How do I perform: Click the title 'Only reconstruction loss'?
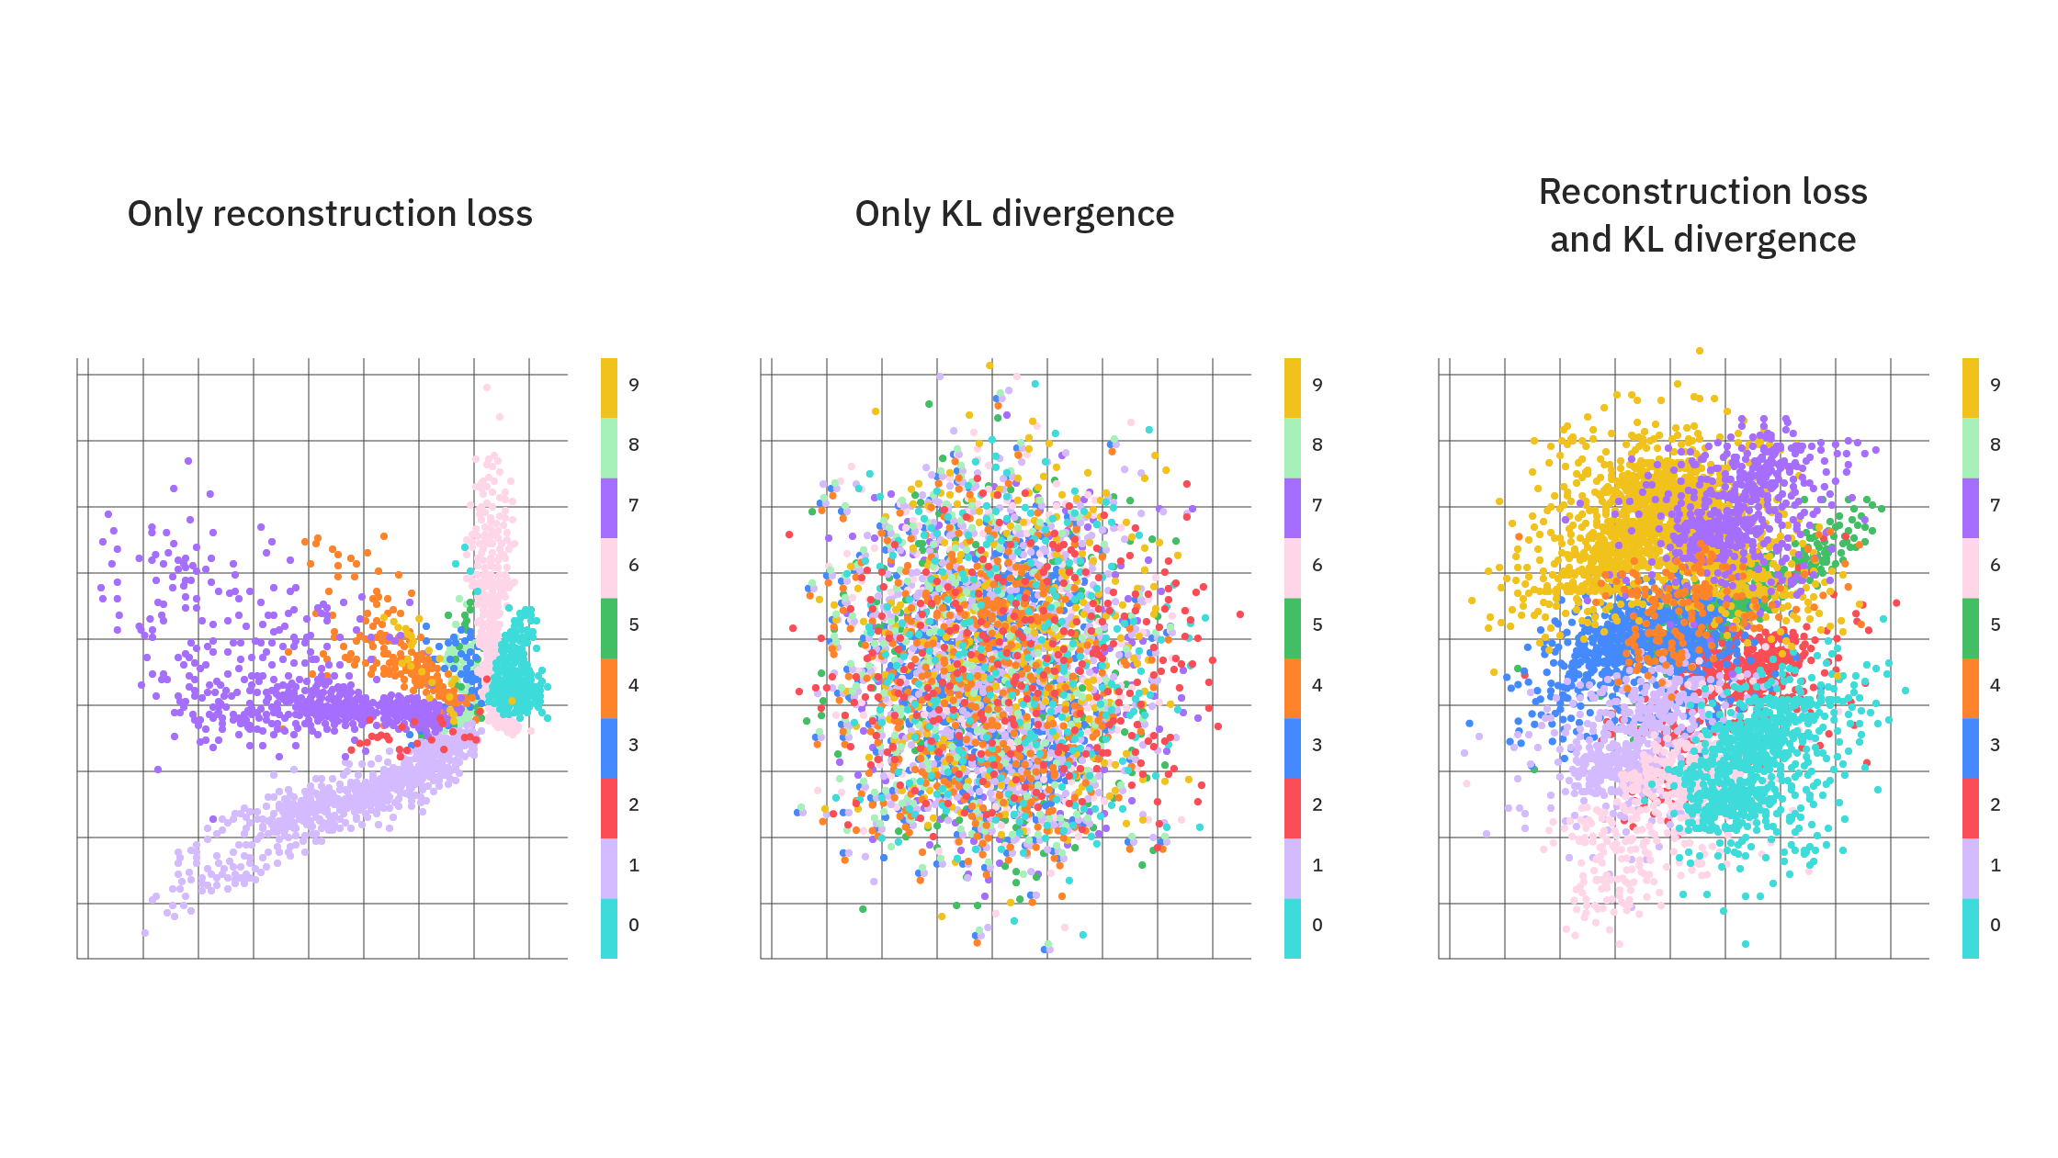(x=330, y=214)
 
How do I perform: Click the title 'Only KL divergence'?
(x=1014, y=214)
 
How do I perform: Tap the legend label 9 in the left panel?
(x=634, y=385)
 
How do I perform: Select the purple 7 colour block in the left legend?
(x=609, y=508)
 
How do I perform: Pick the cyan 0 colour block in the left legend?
(x=609, y=928)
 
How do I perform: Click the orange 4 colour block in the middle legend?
(x=1293, y=688)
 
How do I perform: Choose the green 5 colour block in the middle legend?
(x=1293, y=628)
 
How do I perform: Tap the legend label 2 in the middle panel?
(x=1317, y=805)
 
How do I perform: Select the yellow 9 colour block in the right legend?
(x=1971, y=388)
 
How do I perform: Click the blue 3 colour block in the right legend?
(x=1971, y=748)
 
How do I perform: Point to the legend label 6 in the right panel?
(x=1996, y=565)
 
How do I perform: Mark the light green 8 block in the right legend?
(x=1971, y=448)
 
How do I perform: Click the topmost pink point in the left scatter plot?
(x=487, y=388)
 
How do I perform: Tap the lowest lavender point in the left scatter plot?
(x=145, y=933)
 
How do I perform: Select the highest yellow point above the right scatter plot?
(x=1700, y=351)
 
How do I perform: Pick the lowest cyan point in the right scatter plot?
(x=1746, y=944)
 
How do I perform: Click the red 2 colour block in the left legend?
(x=609, y=808)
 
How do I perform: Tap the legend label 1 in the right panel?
(x=1996, y=865)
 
